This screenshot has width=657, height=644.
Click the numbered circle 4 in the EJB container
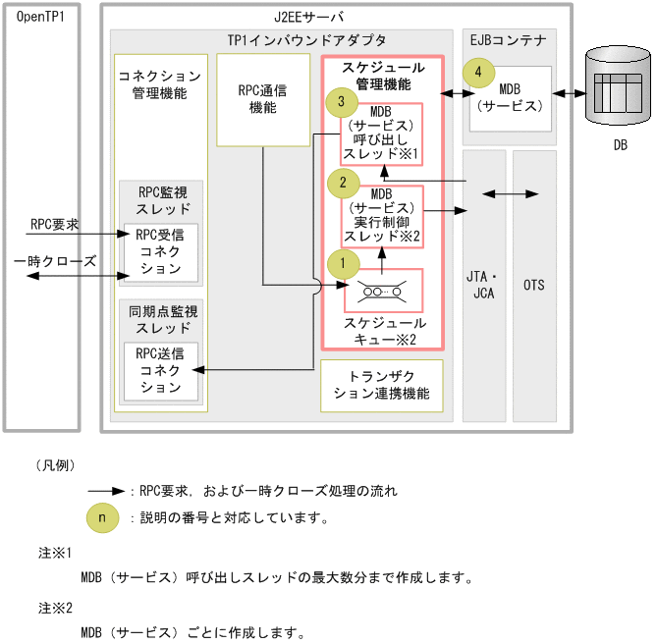click(x=478, y=72)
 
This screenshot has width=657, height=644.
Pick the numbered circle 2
click(x=343, y=182)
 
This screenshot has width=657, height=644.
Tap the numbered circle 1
click(x=343, y=263)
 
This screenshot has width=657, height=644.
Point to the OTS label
click(x=534, y=285)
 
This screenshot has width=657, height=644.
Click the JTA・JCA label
click(x=483, y=285)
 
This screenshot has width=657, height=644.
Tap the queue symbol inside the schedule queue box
click(x=382, y=290)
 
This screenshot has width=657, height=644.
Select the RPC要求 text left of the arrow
click(x=55, y=225)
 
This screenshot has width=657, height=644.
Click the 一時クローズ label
click(x=55, y=261)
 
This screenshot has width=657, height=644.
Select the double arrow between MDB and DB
click(x=567, y=94)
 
